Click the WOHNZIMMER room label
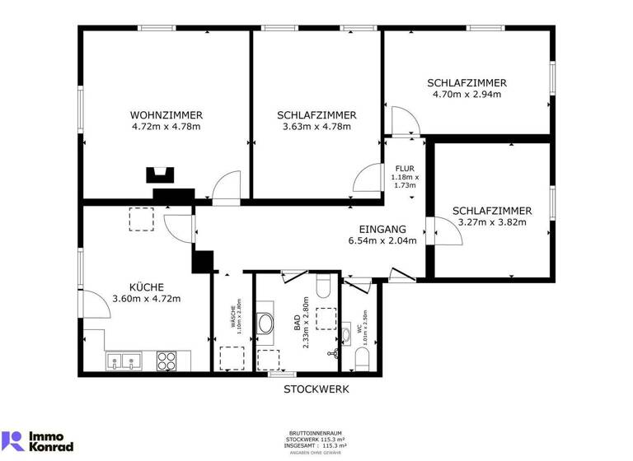click(x=166, y=115)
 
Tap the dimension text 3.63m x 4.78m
click(x=316, y=127)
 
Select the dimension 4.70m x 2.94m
click(x=467, y=95)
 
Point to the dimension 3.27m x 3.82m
click(x=491, y=222)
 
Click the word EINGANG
click(x=382, y=229)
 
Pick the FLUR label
click(x=405, y=169)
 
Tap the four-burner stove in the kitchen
click(x=166, y=360)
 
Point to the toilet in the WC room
click(x=361, y=359)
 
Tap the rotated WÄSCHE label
click(x=232, y=317)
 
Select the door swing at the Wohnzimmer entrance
click(x=224, y=189)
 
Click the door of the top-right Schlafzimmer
click(x=406, y=122)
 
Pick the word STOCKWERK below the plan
click(x=316, y=389)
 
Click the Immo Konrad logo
click(x=38, y=440)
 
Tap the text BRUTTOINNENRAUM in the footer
click(x=316, y=432)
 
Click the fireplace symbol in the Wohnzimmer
click(x=161, y=175)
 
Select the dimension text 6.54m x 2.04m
click(x=382, y=241)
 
